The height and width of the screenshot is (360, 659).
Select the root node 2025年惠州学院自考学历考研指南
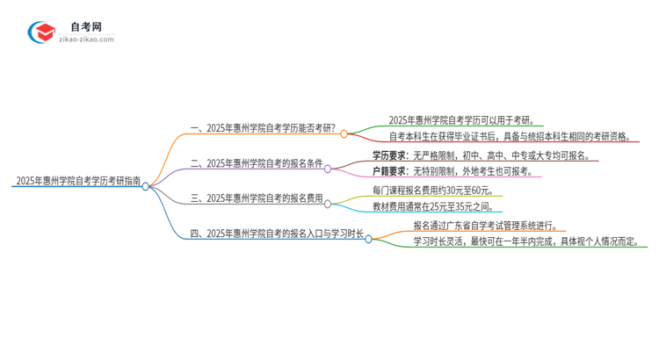point(76,181)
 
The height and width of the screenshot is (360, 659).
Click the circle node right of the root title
point(146,186)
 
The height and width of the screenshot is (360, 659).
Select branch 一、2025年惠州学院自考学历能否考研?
point(263,128)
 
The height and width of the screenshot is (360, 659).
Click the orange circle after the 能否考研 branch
point(344,134)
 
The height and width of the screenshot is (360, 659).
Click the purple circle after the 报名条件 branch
point(328,169)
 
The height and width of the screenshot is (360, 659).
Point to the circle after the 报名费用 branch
point(328,204)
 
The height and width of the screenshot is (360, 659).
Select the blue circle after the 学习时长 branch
point(369,238)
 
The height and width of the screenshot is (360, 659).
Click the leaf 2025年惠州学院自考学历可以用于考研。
point(460,120)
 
